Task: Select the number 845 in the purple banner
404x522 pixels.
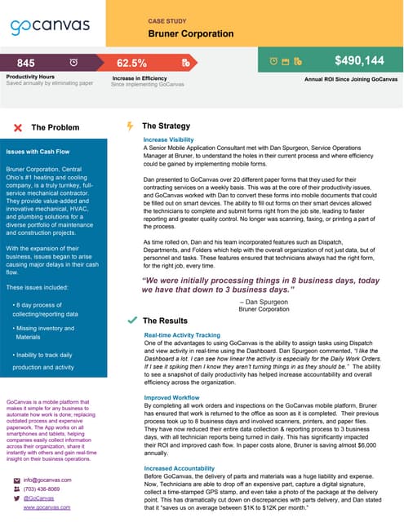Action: [x=26, y=63]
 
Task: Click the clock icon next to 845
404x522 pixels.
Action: [x=74, y=63]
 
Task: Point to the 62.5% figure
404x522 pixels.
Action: [x=131, y=63]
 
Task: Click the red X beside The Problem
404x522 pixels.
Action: [x=19, y=127]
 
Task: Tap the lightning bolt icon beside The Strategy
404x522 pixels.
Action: [x=129, y=126]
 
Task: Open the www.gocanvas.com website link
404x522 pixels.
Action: [x=47, y=507]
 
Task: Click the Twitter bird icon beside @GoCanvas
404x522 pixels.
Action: [x=17, y=498]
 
